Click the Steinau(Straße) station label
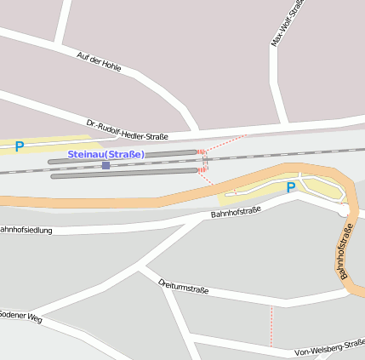[106, 154]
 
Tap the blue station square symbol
[106, 165]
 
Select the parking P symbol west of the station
[19, 146]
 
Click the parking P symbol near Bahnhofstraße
[291, 187]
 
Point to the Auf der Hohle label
[99, 61]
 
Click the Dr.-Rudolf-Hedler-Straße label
[127, 129]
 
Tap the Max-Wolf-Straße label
[286, 23]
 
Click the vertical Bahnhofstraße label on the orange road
[340, 251]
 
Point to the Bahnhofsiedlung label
[26, 230]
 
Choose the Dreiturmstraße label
[183, 286]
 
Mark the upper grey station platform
[123, 157]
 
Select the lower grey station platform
[123, 174]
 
